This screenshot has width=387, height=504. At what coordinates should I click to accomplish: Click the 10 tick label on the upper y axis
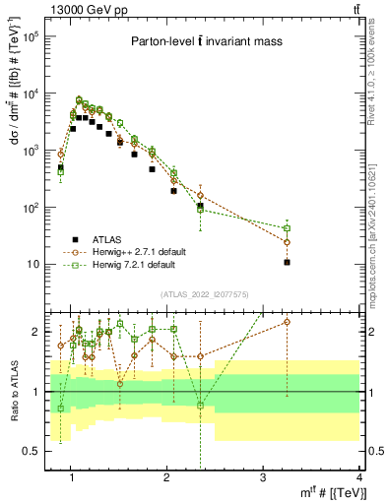coord(34,265)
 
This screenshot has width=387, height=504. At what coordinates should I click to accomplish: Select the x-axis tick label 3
coord(263,478)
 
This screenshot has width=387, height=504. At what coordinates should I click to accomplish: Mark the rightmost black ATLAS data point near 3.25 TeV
coord(287,263)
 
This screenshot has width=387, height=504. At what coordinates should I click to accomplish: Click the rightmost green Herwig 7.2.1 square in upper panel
coord(287,228)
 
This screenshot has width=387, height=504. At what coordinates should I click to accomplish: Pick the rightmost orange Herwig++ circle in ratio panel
coord(287,322)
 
